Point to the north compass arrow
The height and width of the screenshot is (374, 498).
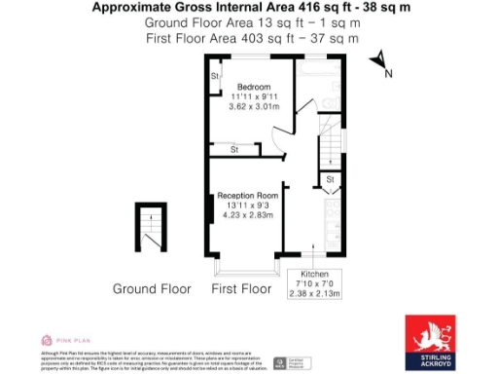[x=379, y=60]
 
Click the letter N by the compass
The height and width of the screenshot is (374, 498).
[x=389, y=74]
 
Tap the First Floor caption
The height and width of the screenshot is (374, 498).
[x=240, y=289]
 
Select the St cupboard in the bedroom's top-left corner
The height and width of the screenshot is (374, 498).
[x=214, y=76]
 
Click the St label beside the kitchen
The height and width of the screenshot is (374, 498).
[x=330, y=180]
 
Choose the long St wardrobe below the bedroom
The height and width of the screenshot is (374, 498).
[x=234, y=149]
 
